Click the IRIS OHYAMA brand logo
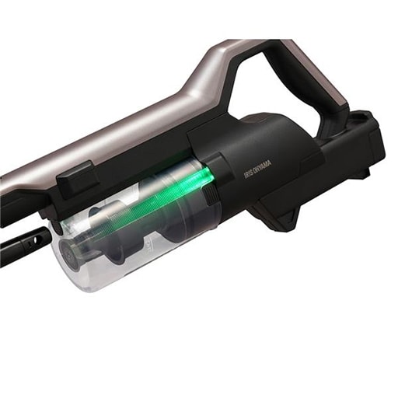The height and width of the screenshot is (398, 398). click(x=257, y=170)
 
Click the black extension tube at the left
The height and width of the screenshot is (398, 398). click(x=23, y=244)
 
